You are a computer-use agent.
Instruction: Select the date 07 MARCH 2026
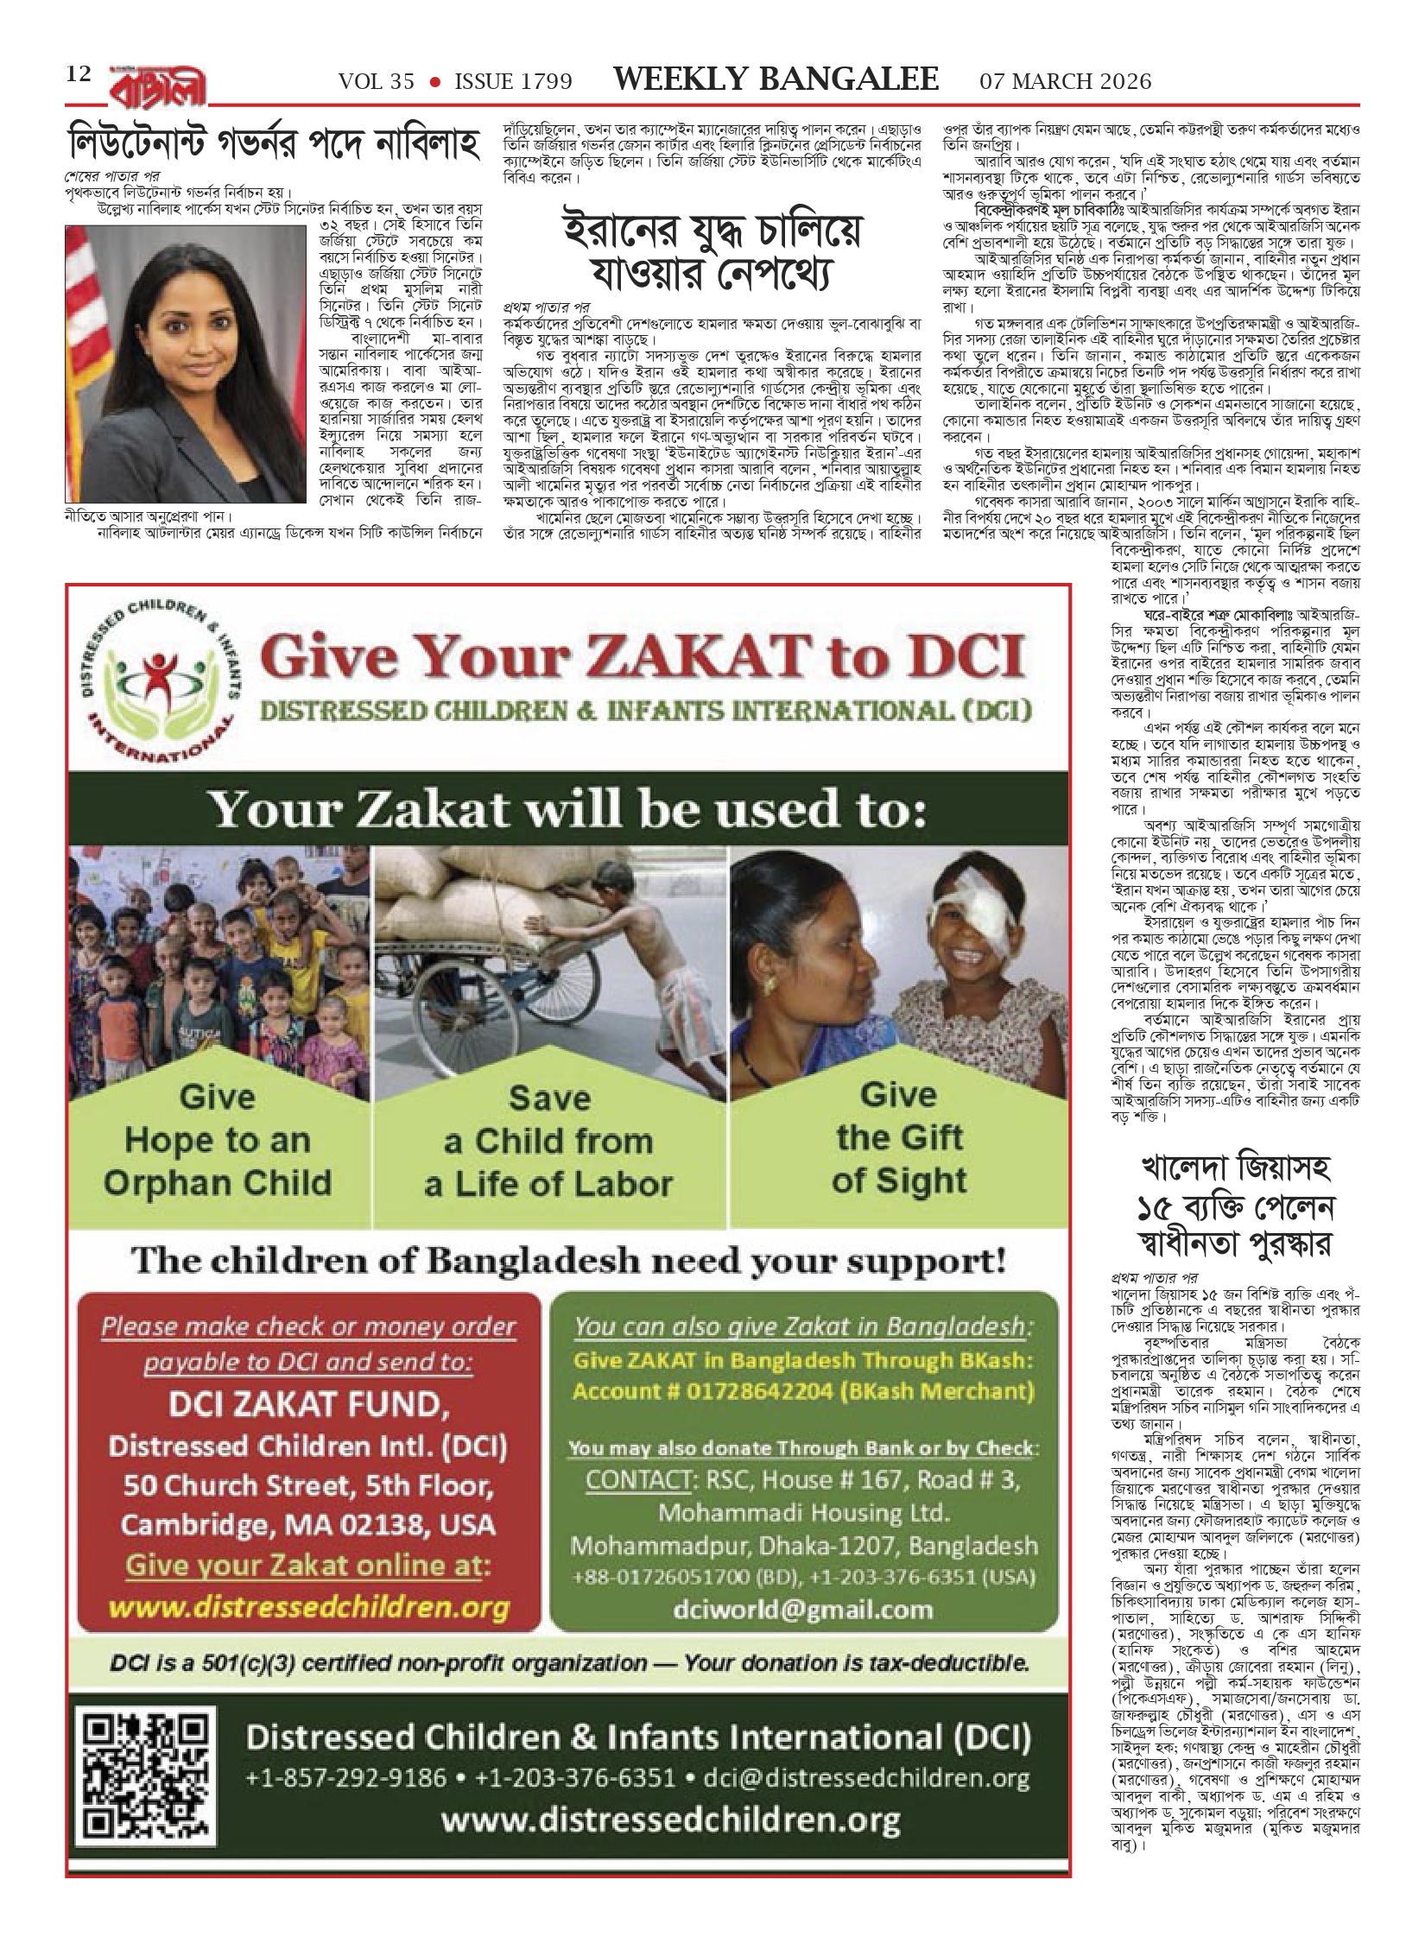point(1065,81)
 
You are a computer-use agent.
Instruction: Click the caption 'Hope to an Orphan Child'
point(218,1161)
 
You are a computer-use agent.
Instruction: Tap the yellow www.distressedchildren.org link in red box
point(309,1607)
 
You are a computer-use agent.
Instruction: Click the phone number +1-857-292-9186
point(346,1753)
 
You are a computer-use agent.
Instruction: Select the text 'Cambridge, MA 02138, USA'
point(308,1524)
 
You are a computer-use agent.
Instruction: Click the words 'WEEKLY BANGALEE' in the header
point(776,80)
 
